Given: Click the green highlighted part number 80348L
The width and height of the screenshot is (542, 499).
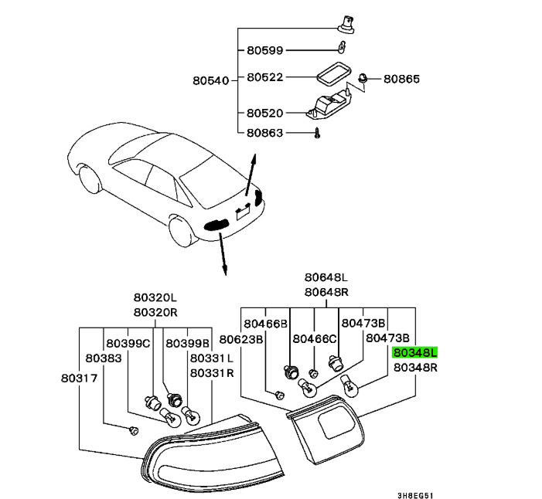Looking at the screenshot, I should [x=415, y=352].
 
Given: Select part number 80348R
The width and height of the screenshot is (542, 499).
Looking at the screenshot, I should [x=415, y=368].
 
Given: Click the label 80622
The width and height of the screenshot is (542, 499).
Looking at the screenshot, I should [x=265, y=78].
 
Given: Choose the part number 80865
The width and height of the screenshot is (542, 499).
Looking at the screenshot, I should [x=402, y=79].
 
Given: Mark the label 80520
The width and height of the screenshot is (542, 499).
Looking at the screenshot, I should [x=265, y=113].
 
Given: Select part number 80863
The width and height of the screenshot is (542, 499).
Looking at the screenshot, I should [x=265, y=133].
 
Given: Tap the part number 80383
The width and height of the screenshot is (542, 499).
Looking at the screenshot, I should [x=103, y=358].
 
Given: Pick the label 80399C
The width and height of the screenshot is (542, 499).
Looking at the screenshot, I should [x=128, y=343].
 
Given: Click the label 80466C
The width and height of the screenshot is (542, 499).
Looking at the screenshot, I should [x=315, y=339].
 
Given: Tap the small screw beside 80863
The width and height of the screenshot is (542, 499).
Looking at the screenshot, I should [x=317, y=134].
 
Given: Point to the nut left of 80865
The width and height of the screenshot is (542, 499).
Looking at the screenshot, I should [x=363, y=77].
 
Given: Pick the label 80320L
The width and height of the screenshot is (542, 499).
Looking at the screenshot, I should [x=155, y=297].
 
